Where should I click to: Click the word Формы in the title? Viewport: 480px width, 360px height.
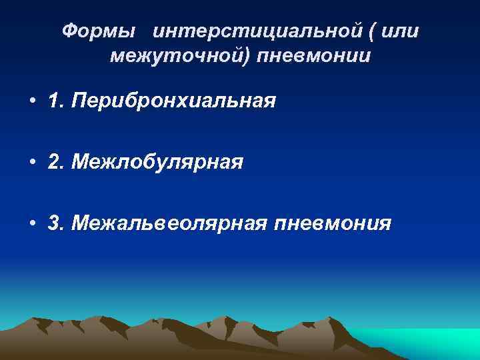[x=101, y=31]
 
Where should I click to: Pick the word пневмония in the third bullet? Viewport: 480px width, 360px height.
[x=333, y=223]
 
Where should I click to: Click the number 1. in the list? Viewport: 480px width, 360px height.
[x=55, y=103]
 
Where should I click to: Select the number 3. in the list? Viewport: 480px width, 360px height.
[x=56, y=223]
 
